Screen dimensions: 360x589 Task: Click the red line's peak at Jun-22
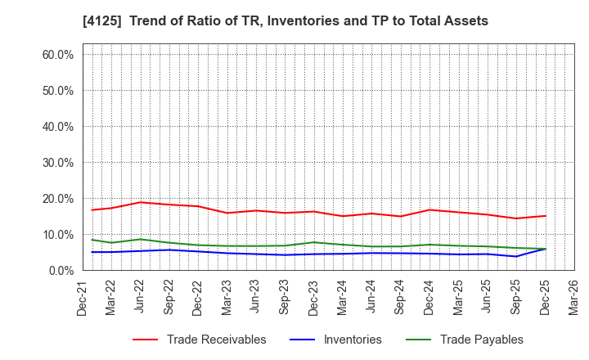[141, 202]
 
